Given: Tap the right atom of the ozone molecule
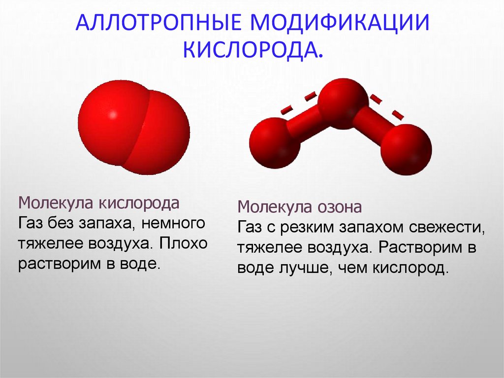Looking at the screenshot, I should click(x=407, y=149).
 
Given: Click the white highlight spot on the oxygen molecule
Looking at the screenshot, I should click(x=113, y=115).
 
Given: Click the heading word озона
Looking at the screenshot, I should click(x=339, y=206).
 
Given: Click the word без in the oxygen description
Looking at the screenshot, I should click(x=61, y=223).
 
